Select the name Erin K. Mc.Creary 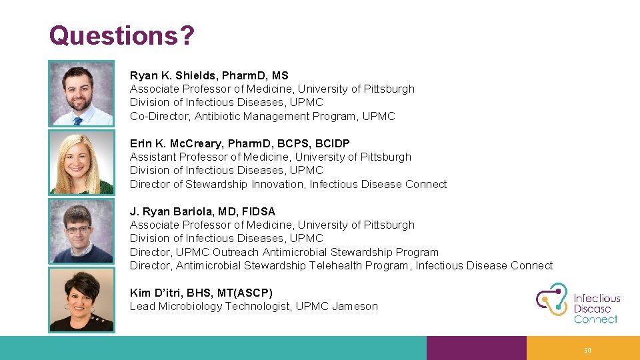[178, 143]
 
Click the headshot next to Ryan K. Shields [81, 94]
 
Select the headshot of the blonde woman [81, 162]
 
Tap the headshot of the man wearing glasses [81, 231]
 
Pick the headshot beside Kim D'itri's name [81, 299]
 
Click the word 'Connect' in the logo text [595, 319]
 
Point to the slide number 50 [587, 351]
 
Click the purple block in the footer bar [476, 348]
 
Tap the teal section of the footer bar [213, 348]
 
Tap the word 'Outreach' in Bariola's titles [236, 252]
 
